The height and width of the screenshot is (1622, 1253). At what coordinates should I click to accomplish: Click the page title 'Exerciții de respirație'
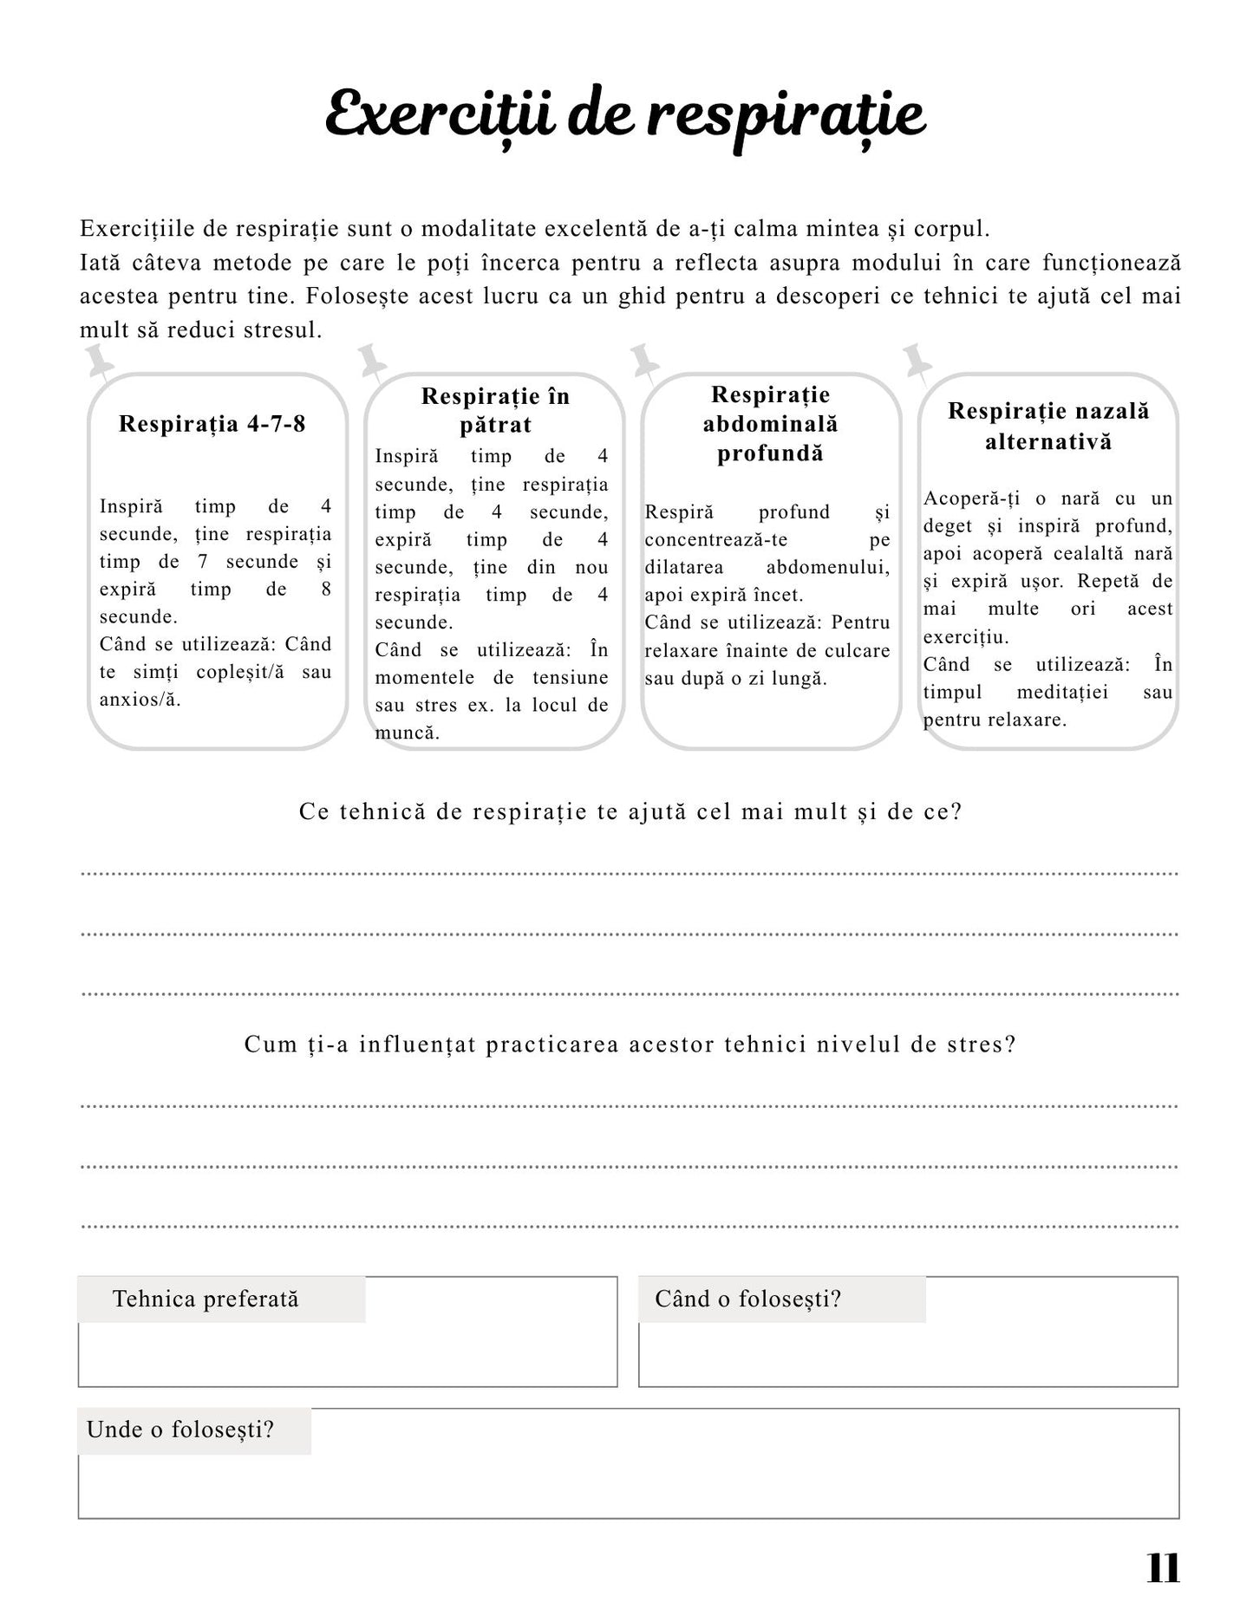(625, 116)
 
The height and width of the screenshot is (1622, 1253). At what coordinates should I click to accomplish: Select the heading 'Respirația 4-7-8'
(212, 424)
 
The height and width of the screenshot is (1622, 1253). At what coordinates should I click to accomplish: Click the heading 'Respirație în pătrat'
(495, 410)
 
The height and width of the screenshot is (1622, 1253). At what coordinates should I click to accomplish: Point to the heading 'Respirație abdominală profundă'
(771, 424)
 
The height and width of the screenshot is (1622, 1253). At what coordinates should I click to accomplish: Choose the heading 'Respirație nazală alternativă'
(1048, 426)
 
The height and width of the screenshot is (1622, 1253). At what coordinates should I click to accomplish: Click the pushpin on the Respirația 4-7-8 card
(99, 362)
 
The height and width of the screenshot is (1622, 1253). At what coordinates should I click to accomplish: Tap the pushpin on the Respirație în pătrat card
(372, 361)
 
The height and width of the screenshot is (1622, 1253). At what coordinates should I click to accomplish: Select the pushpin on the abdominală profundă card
(644, 361)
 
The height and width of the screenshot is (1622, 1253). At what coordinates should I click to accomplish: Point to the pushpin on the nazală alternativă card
(917, 361)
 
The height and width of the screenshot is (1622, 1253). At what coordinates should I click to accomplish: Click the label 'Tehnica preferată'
(206, 1299)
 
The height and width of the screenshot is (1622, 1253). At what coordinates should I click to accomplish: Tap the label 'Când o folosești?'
(747, 1299)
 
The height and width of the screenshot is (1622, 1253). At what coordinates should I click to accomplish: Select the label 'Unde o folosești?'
(180, 1429)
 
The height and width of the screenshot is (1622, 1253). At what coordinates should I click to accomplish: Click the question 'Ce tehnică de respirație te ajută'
(630, 812)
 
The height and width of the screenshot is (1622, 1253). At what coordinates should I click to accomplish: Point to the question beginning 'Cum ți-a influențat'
(630, 1044)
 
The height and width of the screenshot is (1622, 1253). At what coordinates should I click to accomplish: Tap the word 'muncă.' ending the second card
(408, 733)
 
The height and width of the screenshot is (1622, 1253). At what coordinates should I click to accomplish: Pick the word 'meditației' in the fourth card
(1062, 693)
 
